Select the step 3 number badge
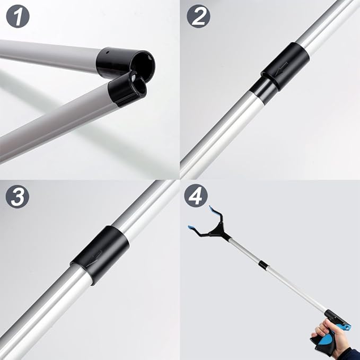pyautogui.click(x=17, y=197)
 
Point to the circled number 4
pyautogui.click(x=196, y=197)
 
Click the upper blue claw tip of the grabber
pyautogui.click(x=212, y=209)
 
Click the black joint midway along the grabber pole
pyautogui.click(x=262, y=264)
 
